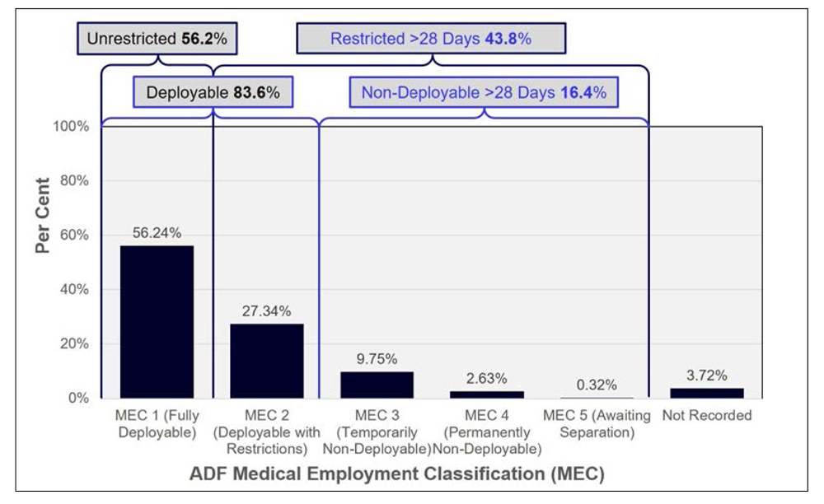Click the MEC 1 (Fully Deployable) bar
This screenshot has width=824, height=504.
[x=157, y=321]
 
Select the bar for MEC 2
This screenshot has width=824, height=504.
[x=267, y=361]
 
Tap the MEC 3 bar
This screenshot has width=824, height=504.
[x=377, y=385]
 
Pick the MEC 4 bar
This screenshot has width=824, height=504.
[x=487, y=394]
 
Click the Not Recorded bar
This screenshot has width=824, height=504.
[x=707, y=393]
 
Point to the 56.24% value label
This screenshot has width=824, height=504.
[x=157, y=232]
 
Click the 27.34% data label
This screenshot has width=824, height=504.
[x=266, y=310]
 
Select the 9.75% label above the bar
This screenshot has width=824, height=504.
[x=377, y=359]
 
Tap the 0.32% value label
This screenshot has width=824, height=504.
[x=597, y=385]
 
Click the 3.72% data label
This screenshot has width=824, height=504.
[x=707, y=376]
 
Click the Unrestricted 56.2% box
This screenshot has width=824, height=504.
[x=157, y=39]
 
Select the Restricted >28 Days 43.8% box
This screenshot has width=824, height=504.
[x=431, y=39]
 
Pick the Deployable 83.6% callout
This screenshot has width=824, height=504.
[x=213, y=92]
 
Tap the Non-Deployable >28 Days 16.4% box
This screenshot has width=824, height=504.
[x=484, y=92]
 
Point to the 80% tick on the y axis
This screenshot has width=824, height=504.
[x=74, y=180]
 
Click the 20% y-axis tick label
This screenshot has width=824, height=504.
[x=74, y=343]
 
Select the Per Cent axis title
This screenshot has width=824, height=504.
[x=42, y=215]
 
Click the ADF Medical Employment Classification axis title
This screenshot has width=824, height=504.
[x=397, y=474]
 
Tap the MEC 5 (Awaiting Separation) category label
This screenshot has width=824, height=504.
[x=597, y=423]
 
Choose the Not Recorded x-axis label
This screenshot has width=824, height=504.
[x=707, y=415]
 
